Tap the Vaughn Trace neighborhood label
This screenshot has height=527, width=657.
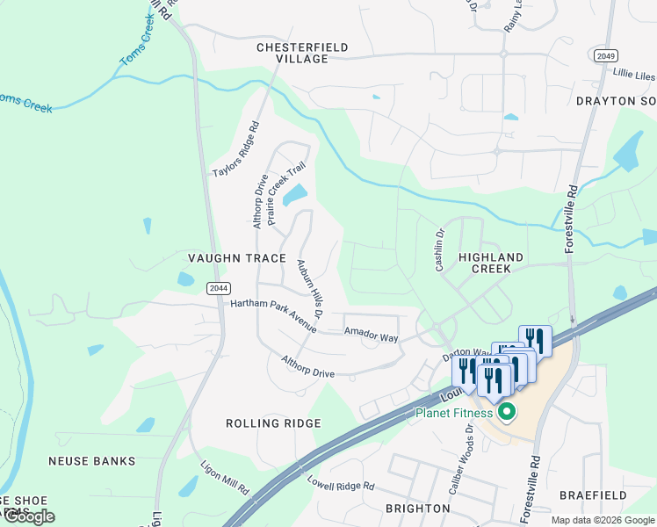point(237,258)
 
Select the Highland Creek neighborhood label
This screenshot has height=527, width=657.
point(491,263)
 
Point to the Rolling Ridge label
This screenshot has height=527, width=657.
point(272,423)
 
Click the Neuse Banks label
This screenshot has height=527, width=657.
point(92,461)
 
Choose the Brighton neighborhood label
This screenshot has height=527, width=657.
point(418,509)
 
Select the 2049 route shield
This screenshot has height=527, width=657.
point(604,55)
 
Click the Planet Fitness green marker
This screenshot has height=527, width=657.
point(506,411)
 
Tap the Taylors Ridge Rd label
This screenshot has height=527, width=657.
point(237,149)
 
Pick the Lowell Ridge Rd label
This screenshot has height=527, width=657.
point(341,485)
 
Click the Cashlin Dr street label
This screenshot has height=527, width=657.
point(441,250)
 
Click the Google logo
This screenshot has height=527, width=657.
point(28,516)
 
